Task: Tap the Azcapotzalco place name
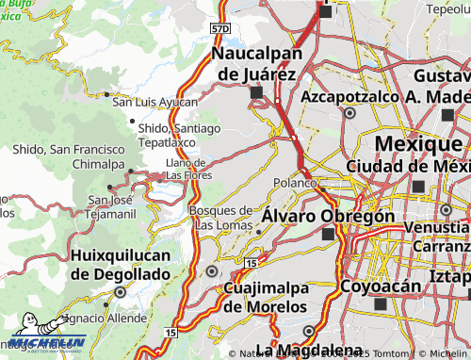pyautogui.click(x=350, y=96)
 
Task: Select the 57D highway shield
pyautogui.click(x=219, y=29)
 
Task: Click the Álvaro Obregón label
pyautogui.click(x=328, y=216)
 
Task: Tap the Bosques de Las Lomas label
pyautogui.click(x=221, y=217)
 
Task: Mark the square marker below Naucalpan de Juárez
pyautogui.click(x=256, y=92)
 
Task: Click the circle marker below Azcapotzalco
pyautogui.click(x=349, y=112)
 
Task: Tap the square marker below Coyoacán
pyautogui.click(x=380, y=305)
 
